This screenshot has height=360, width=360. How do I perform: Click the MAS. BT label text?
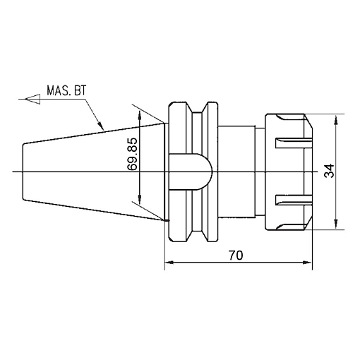pyautogui.click(x=66, y=90)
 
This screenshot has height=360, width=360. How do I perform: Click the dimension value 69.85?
pyautogui.click(x=132, y=154)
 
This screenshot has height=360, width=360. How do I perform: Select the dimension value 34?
pyautogui.click(x=329, y=171)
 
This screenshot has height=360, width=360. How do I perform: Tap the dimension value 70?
pyautogui.click(x=236, y=256)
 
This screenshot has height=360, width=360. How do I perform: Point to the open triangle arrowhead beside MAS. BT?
pyautogui.click(x=32, y=99)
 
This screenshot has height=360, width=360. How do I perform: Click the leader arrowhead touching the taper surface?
pyautogui.click(x=100, y=124)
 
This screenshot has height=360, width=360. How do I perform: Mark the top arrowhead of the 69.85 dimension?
pyautogui.click(x=140, y=116)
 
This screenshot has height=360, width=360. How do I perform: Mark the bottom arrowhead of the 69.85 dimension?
pyautogui.click(x=140, y=199)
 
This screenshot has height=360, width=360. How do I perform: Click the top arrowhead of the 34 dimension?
pyautogui.click(x=336, y=119)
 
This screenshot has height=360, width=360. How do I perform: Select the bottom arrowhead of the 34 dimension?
pyautogui.click(x=336, y=224)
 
